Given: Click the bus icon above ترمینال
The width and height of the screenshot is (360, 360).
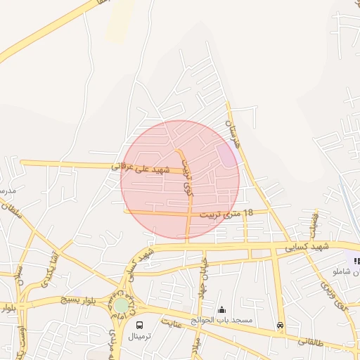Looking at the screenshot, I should coord(139,326).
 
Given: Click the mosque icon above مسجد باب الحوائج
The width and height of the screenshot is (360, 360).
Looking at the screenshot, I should coord(223,309).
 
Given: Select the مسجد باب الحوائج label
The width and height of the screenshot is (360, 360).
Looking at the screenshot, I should coord(224,320).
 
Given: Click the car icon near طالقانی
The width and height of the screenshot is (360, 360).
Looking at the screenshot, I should coord(281,326).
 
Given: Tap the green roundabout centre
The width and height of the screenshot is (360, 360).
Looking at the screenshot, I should coord(122,305).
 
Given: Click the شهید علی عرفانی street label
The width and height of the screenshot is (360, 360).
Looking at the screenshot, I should coord(141,169).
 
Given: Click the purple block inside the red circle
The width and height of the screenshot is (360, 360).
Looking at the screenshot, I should coord(226,155).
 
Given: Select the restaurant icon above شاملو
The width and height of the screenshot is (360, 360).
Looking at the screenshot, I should coord(356,261).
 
